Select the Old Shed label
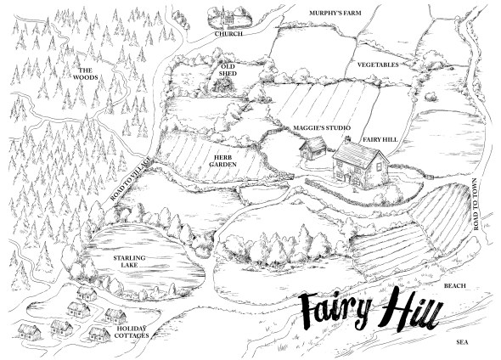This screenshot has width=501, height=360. click(228, 67)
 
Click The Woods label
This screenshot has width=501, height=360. click(85, 74)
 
